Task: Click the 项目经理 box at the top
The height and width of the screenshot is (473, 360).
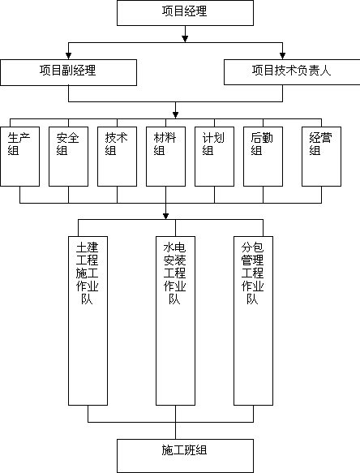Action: click(185, 13)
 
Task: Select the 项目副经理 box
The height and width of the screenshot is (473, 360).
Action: click(68, 72)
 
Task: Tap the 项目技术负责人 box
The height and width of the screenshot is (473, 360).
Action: click(292, 71)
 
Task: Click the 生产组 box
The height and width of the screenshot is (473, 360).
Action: click(20, 157)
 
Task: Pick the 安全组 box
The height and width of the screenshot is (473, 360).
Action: click(68, 157)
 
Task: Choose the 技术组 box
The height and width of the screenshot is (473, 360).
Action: click(117, 157)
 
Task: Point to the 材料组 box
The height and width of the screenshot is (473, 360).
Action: click(165, 157)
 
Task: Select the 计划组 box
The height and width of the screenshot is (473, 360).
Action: click(214, 157)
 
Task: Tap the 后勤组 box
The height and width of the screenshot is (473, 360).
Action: click(263, 157)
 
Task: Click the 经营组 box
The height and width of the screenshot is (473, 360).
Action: click(321, 157)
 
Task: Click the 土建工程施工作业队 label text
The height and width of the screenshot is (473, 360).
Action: click(87, 273)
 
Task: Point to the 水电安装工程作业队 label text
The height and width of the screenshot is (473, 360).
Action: click(175, 273)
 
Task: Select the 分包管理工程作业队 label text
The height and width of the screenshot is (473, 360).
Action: click(253, 273)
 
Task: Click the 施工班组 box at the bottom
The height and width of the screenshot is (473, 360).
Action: click(185, 456)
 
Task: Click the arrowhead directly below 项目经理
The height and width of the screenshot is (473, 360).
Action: click(185, 39)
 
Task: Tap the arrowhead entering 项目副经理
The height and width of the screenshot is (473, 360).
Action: click(68, 56)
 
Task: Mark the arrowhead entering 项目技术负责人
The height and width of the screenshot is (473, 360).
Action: click(282, 56)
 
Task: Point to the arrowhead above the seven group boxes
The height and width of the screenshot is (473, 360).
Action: click(175, 115)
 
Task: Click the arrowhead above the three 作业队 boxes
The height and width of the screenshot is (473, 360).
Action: click(165, 216)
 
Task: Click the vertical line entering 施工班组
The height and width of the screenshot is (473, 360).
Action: click(175, 423)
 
